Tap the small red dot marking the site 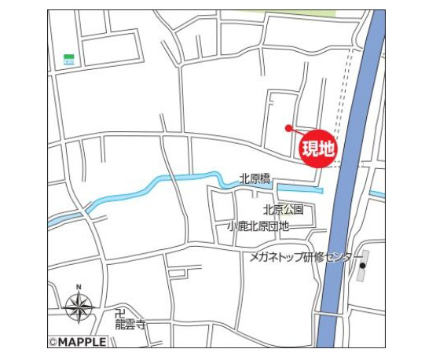[288, 127]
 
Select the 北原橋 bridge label [255, 178]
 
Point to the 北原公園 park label [283, 210]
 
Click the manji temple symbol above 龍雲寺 [120, 311]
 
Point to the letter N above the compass [79, 287]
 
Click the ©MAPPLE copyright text [77, 342]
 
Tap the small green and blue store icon [69, 59]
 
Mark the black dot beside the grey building [362, 266]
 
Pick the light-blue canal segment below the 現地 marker [299, 189]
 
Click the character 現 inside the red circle [310, 147]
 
